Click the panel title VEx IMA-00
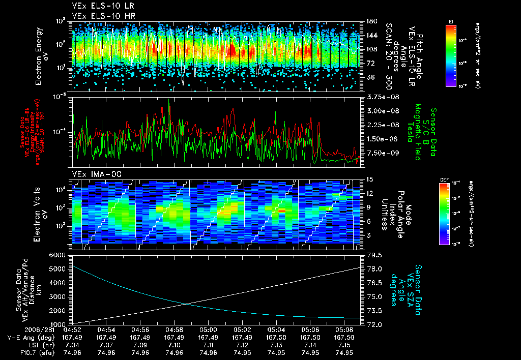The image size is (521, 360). [x=90, y=174]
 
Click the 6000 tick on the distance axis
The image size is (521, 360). [x=60, y=254]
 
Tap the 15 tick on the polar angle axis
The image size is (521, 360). [x=370, y=179]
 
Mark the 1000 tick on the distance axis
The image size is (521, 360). [x=60, y=324]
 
